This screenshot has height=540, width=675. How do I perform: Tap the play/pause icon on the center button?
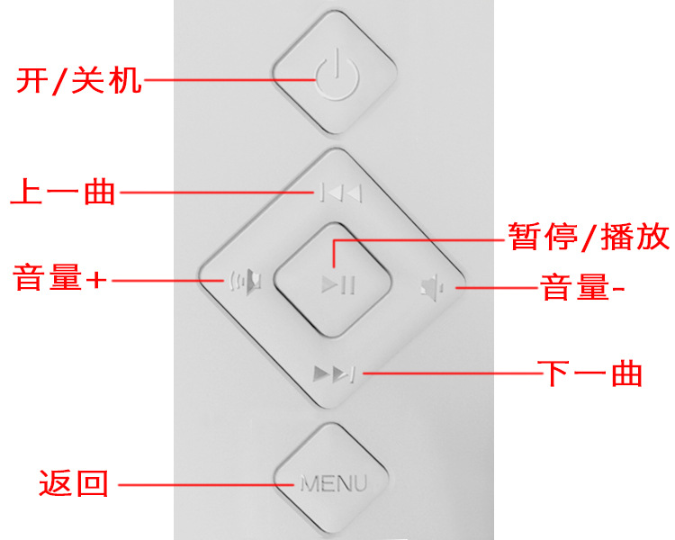click(x=339, y=286)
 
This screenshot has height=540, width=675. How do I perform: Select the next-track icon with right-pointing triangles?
click(x=334, y=373)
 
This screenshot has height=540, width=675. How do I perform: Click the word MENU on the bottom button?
click(x=334, y=484)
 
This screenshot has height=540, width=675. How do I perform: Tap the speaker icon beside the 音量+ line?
click(x=247, y=282)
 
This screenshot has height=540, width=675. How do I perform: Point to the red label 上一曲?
click(x=63, y=192)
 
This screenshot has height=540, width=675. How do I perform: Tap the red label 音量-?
click(x=581, y=288)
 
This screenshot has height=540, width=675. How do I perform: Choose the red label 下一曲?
click(x=589, y=373)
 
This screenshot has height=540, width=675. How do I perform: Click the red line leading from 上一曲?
click(x=216, y=193)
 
